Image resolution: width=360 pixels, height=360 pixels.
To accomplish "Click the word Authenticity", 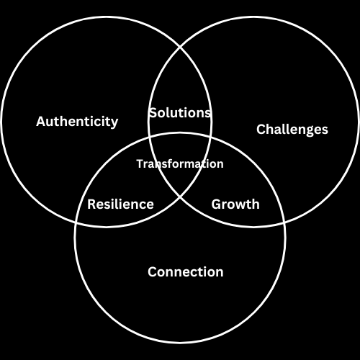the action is pos(77,122).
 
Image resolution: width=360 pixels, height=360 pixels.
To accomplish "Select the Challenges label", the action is pos(292,130).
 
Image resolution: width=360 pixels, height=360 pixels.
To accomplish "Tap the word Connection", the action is pos(186,272).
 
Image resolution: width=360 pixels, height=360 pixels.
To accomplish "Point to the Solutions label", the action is pos(180,113).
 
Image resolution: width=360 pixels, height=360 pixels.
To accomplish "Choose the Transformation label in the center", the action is pos(180,164).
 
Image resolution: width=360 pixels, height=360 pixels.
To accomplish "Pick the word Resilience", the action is pos(120,204).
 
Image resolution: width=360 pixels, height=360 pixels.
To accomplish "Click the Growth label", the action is pos(235,204).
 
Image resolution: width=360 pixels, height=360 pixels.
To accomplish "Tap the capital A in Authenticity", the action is pos(40,122).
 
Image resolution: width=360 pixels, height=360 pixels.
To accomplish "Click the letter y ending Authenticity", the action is pos(114,123).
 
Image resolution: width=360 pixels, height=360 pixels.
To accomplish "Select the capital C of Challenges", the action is pos(261,130).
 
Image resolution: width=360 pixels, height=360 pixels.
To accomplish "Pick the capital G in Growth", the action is pos(216,204).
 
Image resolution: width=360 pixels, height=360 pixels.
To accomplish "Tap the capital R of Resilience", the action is pos(91,204).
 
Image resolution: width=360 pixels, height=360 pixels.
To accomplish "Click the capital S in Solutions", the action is pos(153,113).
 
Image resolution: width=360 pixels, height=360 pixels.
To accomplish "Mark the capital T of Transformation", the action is pos(140,164).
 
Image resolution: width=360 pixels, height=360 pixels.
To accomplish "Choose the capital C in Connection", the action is pos(152,272).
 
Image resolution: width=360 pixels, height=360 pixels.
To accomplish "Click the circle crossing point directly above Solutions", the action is pos(180,48).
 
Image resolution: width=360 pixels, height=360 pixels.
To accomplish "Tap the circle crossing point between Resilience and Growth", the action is pos(180,197).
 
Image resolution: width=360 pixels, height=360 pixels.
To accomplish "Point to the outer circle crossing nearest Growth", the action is pos(284,222).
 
